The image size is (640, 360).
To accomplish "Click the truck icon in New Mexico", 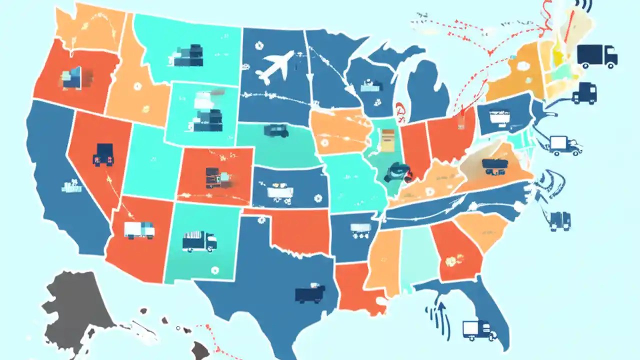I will coord(199,241).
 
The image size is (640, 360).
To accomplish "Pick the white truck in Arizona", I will coord(139,230).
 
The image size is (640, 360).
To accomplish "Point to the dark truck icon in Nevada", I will coord(103,154).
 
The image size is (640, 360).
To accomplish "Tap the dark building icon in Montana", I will coord(189,55).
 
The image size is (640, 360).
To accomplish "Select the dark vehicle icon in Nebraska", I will coord(276,131).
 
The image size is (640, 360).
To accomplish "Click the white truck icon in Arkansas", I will coord(360,228).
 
